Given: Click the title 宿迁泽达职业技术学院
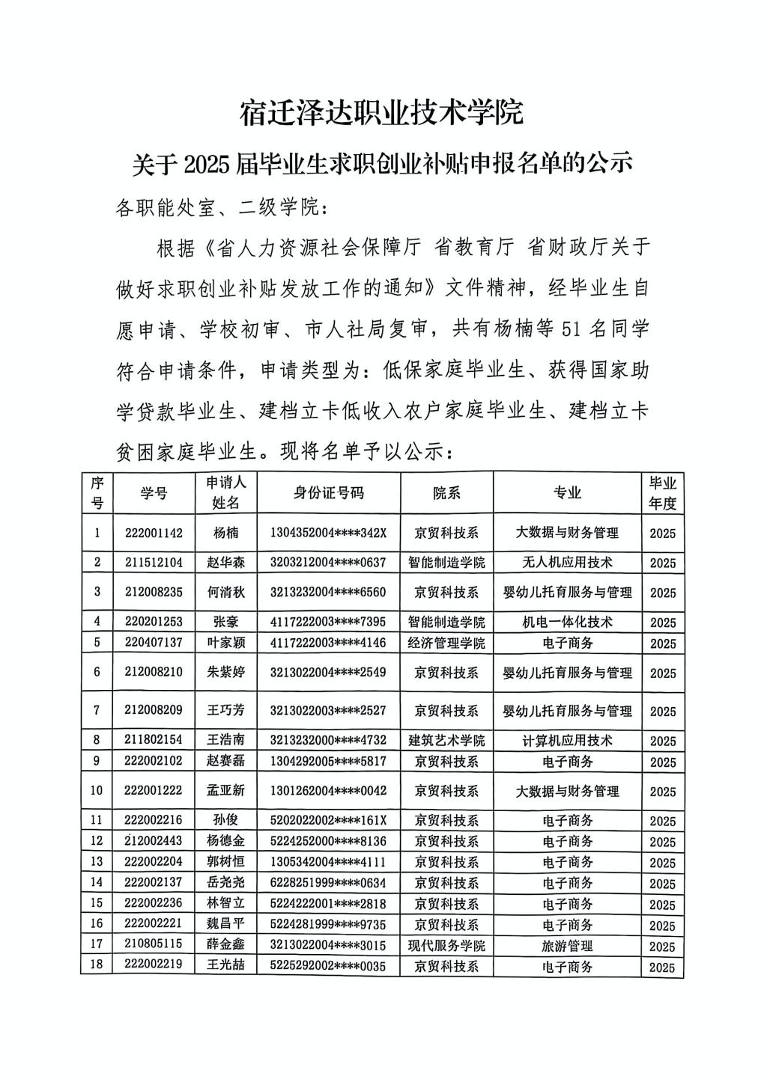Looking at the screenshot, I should pyautogui.click(x=381, y=113).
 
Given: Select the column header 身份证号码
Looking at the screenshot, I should pyautogui.click(x=328, y=492).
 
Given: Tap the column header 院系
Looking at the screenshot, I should pyautogui.click(x=446, y=492).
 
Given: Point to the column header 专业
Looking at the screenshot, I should pyautogui.click(x=567, y=492).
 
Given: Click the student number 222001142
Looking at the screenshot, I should pyautogui.click(x=154, y=533).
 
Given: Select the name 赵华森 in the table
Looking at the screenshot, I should pyautogui.click(x=225, y=562).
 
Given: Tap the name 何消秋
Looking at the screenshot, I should pyautogui.click(x=225, y=592).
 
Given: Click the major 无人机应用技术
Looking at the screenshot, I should pyautogui.click(x=567, y=562).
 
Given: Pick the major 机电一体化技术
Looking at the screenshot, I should pyautogui.click(x=567, y=622).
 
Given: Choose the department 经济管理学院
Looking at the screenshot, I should pyautogui.click(x=446, y=643).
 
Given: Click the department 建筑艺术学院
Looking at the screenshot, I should pyautogui.click(x=446, y=741).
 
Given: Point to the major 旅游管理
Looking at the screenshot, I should pyautogui.click(x=567, y=946).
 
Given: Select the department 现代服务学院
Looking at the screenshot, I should pyautogui.click(x=446, y=946).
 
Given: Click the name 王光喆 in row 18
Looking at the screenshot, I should pyautogui.click(x=225, y=965).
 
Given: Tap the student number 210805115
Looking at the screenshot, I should pyautogui.click(x=154, y=946).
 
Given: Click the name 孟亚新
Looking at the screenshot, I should pyautogui.click(x=225, y=791).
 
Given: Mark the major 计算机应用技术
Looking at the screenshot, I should pyautogui.click(x=567, y=741).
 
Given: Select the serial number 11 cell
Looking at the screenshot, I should pyautogui.click(x=97, y=820).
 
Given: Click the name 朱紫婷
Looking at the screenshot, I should pyautogui.click(x=225, y=672).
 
